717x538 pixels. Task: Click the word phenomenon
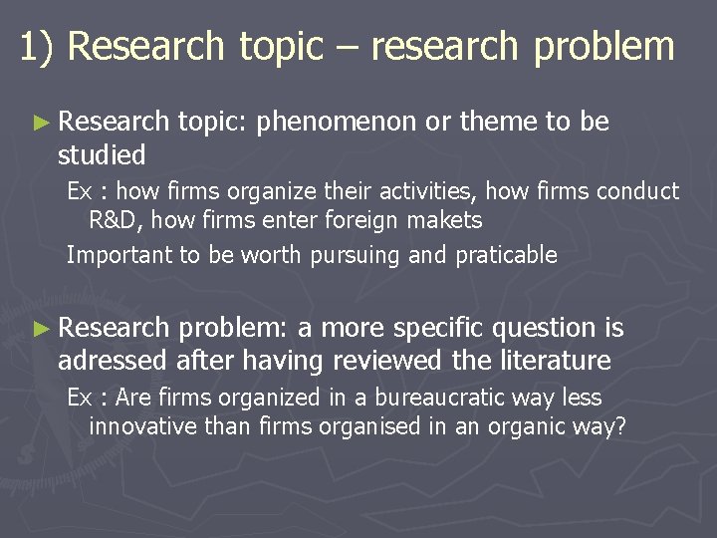click(336, 123)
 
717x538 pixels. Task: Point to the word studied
click(102, 155)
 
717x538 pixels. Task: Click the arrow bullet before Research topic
click(40, 124)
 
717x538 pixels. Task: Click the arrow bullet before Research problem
click(40, 328)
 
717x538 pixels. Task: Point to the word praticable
click(506, 255)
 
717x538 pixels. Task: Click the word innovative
click(140, 427)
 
